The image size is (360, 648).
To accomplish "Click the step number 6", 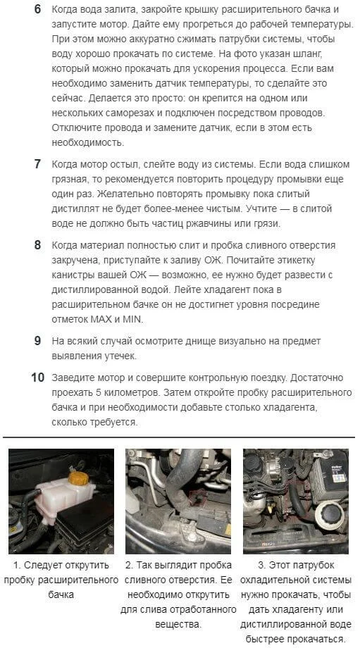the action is [x=37, y=9].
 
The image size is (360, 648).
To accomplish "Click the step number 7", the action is [x=37, y=164].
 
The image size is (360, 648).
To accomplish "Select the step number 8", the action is [x=37, y=245].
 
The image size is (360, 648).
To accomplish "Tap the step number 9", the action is [x=37, y=341].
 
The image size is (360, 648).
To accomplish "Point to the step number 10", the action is [x=37, y=378].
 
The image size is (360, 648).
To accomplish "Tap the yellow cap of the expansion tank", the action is [x=78, y=478].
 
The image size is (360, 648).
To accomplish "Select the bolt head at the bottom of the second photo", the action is [x=191, y=537].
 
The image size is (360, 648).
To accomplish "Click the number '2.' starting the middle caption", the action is [x=130, y=565].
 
